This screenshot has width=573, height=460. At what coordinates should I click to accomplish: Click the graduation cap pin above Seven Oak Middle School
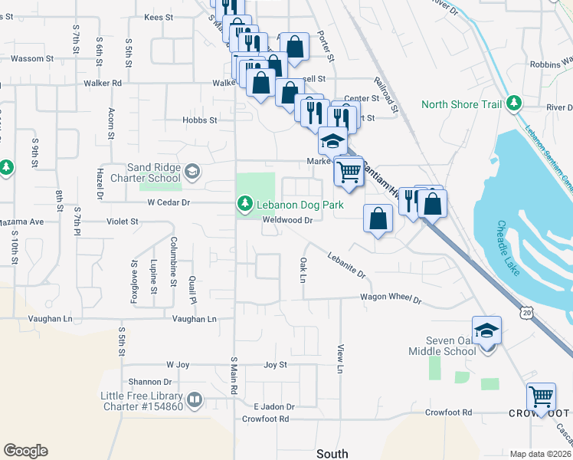[486, 330]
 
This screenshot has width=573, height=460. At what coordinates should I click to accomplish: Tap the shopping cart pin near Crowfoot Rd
[541, 397]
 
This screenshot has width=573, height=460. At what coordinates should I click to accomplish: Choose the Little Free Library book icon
[195, 399]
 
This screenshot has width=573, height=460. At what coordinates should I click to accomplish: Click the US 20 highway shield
[527, 312]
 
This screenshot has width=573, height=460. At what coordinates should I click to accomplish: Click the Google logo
[25, 451]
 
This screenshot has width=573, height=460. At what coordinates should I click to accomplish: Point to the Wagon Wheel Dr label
[391, 299]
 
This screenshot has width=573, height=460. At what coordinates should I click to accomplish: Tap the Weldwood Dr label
[288, 220]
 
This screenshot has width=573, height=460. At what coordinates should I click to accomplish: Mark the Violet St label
[122, 221]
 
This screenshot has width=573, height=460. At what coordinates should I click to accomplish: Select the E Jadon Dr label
[274, 406]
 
